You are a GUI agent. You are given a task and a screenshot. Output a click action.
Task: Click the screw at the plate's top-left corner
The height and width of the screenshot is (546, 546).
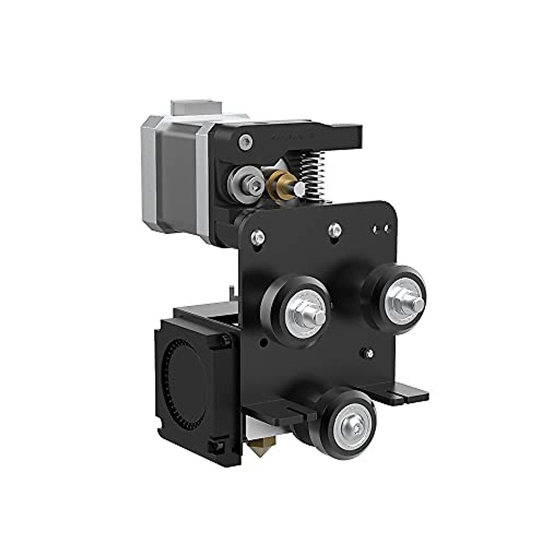259,236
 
